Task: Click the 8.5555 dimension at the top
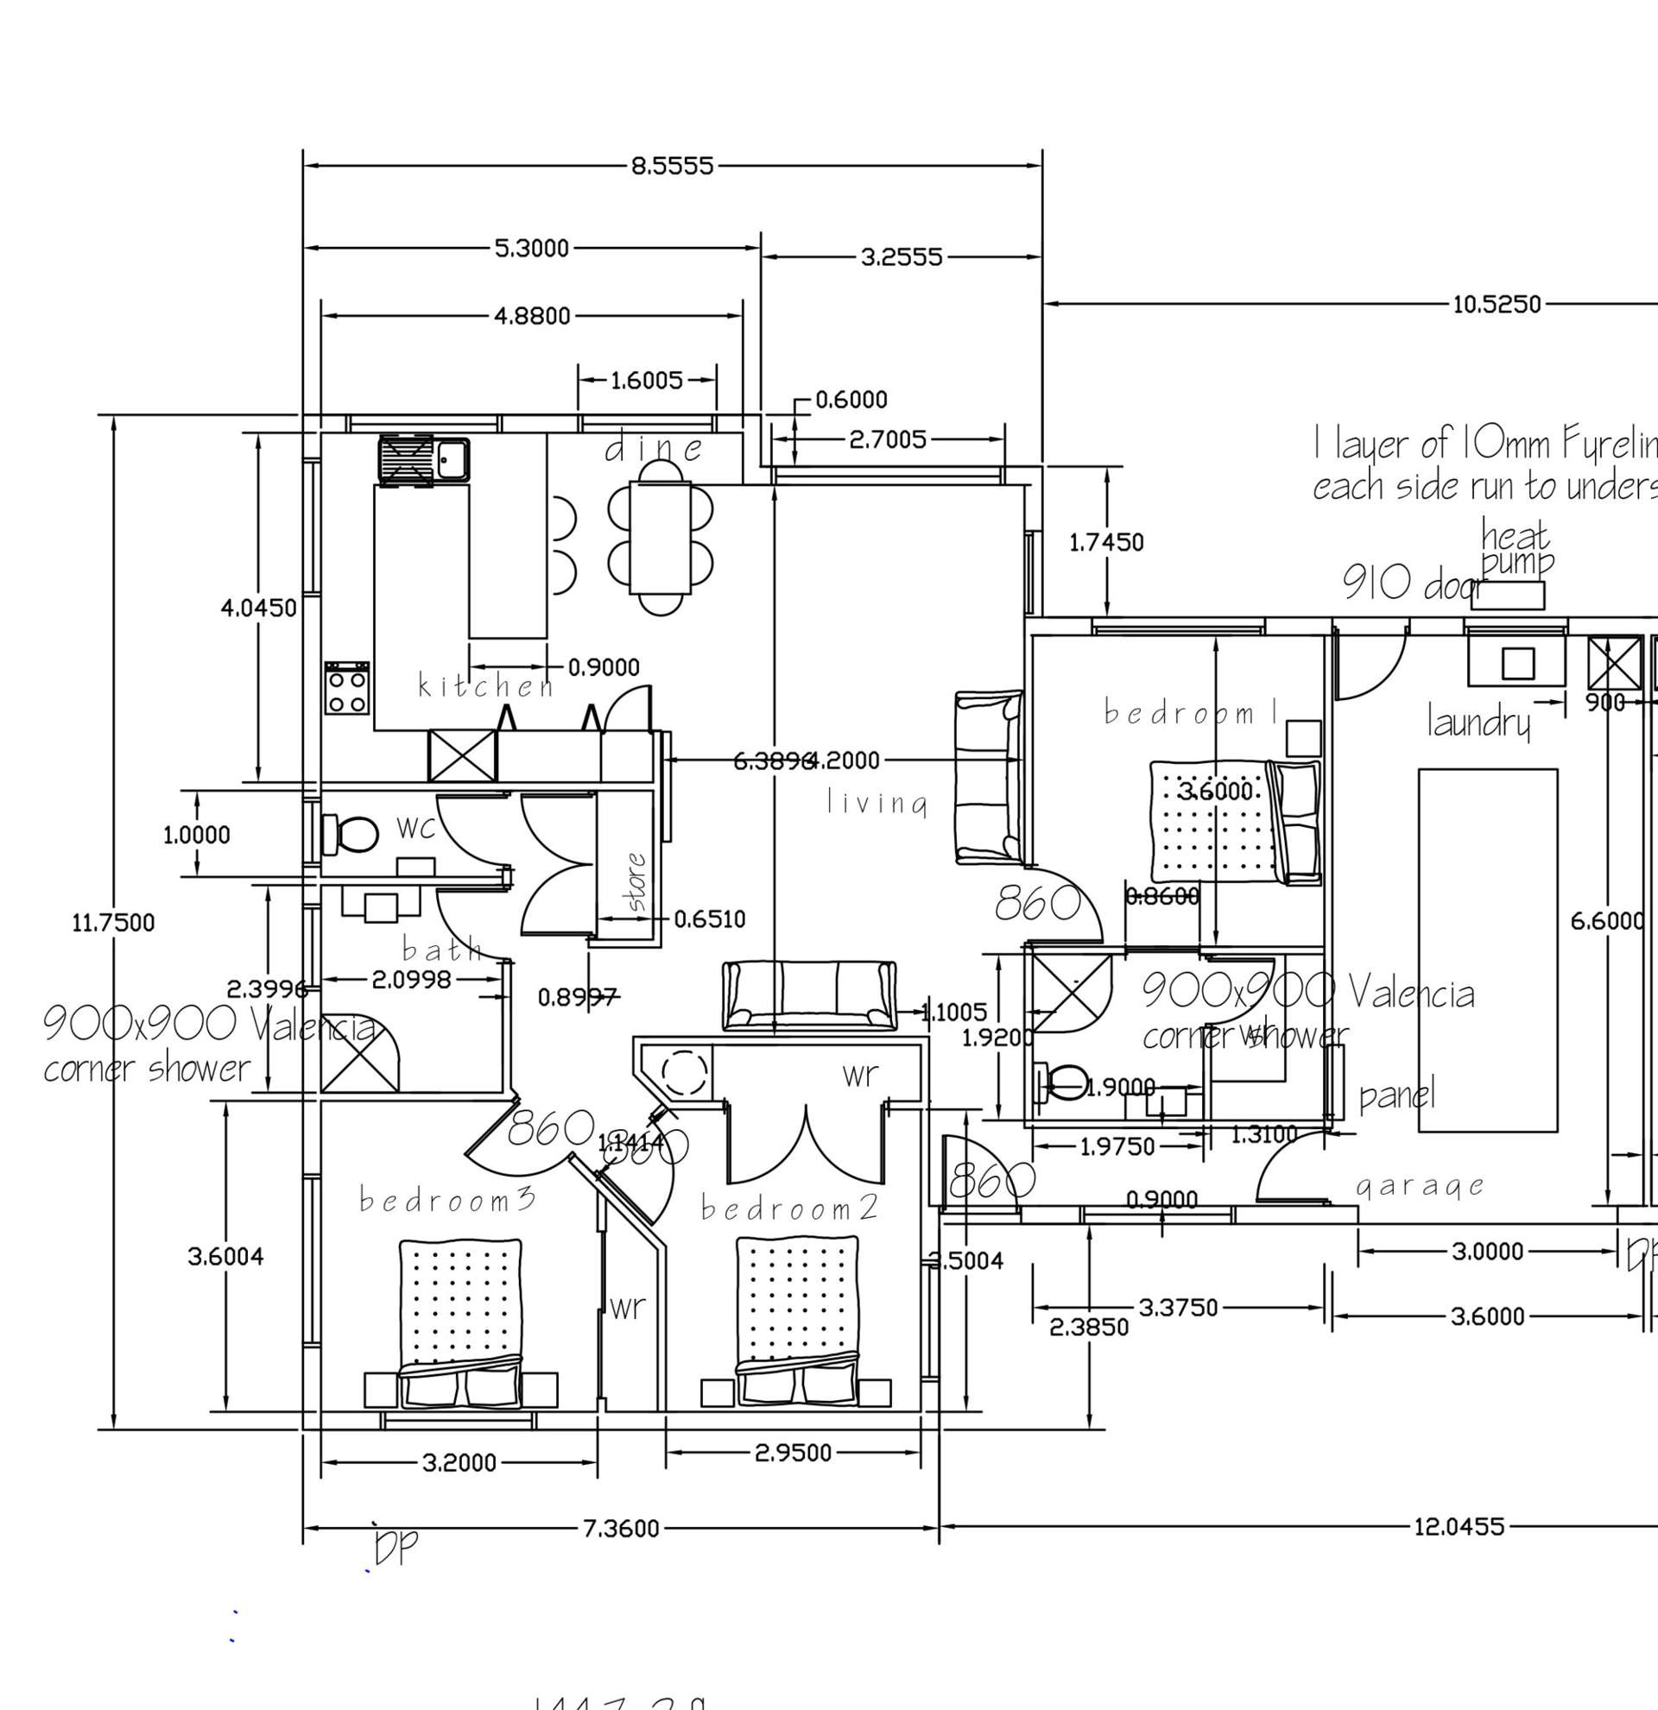(x=672, y=166)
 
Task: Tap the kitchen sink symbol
(x=423, y=460)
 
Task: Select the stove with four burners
(x=347, y=687)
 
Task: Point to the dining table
(x=660, y=538)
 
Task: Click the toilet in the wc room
(x=349, y=834)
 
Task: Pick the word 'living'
(x=877, y=804)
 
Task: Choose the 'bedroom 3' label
(x=447, y=1201)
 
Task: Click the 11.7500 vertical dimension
(x=113, y=922)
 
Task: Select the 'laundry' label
(x=1478, y=722)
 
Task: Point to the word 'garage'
(x=1421, y=1186)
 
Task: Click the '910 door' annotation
(x=1411, y=582)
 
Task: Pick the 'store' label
(x=638, y=881)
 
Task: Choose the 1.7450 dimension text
(x=1106, y=543)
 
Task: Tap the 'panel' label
(x=1397, y=1095)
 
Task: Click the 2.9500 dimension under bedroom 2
(x=793, y=1453)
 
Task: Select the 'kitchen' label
(x=486, y=685)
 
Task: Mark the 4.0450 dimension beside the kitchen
(x=258, y=608)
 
